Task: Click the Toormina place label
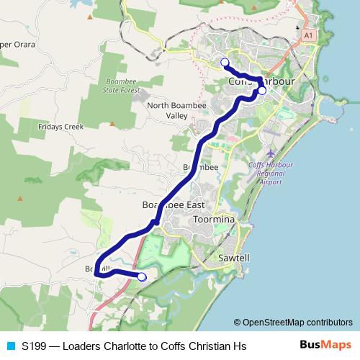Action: [214, 219]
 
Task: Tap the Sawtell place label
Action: [233, 257]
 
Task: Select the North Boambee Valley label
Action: [167, 110]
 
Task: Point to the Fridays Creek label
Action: [61, 126]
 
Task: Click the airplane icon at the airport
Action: [270, 153]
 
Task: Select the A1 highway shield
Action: [309, 35]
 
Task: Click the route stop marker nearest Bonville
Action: [142, 276]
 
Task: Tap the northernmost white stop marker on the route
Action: [225, 62]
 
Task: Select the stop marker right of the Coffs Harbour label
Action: [262, 91]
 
